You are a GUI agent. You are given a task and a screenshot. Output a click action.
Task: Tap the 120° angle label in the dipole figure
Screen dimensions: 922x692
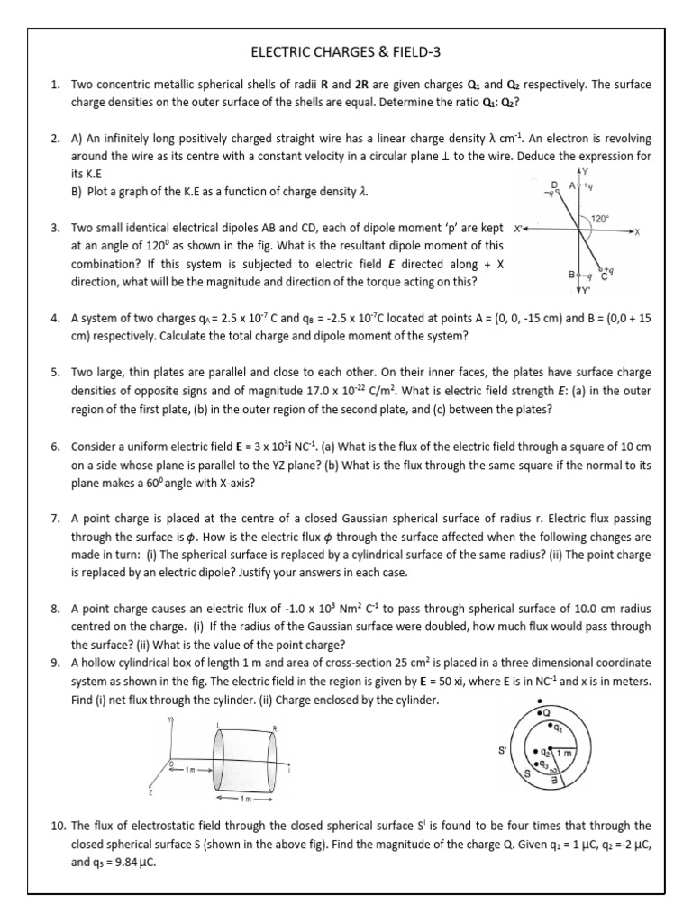601,219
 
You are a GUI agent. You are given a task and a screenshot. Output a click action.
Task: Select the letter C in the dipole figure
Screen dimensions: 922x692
604,277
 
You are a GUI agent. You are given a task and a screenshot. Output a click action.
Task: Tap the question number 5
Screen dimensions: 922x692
55,372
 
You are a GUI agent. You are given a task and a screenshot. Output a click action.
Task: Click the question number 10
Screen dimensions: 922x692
58,825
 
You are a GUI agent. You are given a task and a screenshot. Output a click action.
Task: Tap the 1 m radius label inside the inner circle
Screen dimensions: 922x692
564,752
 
